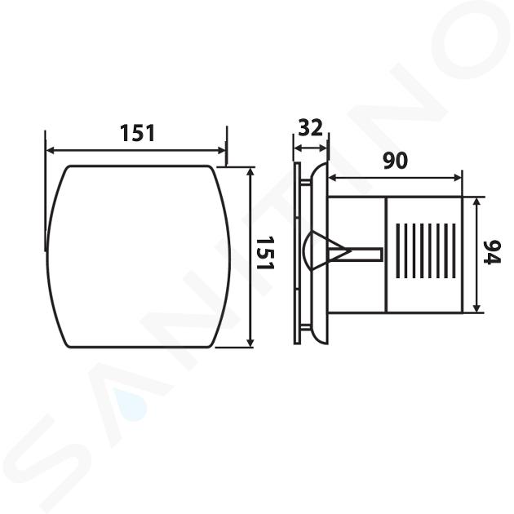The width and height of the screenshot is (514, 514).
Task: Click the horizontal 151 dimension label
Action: pos(137,133)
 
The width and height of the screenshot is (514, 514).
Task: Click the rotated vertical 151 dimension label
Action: pos(264,253)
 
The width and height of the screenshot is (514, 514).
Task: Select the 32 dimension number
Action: pos(311,128)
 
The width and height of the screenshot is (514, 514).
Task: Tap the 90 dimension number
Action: pos(396,161)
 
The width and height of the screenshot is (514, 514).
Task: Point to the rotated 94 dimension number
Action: pos(492,252)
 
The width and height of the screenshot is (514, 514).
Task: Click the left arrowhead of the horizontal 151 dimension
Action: pos(50,150)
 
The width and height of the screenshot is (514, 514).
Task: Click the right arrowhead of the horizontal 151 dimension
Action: pos(222,150)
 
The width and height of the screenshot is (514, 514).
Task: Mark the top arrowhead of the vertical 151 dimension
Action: pos(250,171)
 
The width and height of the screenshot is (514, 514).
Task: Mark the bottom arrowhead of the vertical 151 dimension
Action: pos(250,343)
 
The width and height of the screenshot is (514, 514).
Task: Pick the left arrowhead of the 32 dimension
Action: pos(298,148)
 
